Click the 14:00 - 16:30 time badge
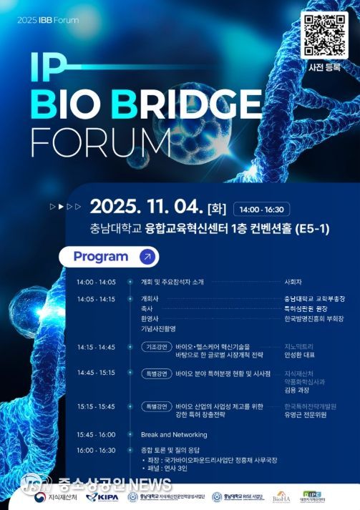coord(262,210)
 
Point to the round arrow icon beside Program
coord(147,257)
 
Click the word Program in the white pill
coord(101,257)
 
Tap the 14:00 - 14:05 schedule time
coord(96,282)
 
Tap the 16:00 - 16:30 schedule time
coord(96,450)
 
